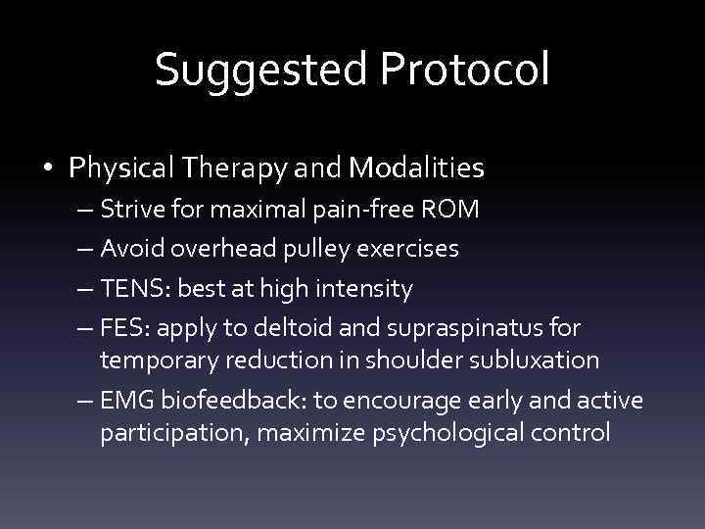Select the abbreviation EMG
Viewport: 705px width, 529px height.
(x=124, y=401)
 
